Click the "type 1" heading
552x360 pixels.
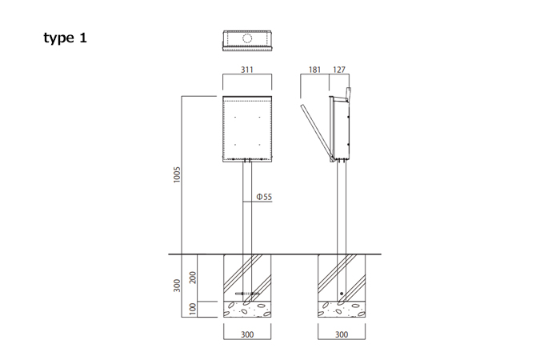[65, 38]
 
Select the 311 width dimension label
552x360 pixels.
[246, 70]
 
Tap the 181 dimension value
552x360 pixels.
[314, 70]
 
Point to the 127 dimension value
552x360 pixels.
[339, 70]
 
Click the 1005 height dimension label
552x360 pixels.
[177, 174]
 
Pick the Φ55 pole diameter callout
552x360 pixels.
[264, 197]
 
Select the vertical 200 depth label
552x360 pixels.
[193, 278]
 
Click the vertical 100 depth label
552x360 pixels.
[193, 310]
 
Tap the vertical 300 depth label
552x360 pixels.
[177, 286]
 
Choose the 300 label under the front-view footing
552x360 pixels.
[247, 334]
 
